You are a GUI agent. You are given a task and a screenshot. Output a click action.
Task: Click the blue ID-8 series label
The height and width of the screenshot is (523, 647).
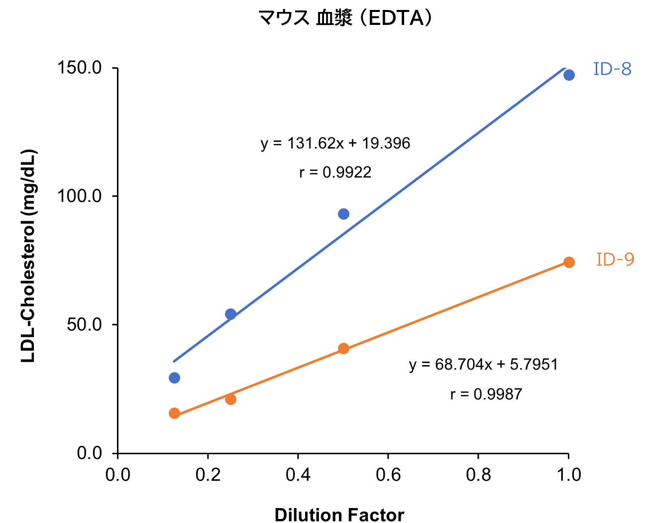point(612,69)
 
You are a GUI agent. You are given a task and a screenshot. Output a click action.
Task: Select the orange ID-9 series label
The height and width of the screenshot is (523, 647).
point(615,260)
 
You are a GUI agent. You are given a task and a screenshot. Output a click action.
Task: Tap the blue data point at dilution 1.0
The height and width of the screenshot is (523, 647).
point(569,75)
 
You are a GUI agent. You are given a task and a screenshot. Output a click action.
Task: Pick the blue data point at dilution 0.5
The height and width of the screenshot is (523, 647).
point(343,214)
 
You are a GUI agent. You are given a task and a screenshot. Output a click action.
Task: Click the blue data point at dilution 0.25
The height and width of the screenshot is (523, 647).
point(230,314)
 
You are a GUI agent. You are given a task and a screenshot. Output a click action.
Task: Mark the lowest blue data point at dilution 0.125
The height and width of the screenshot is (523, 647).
point(174,378)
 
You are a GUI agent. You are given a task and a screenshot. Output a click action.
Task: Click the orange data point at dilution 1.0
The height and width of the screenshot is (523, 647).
point(569,262)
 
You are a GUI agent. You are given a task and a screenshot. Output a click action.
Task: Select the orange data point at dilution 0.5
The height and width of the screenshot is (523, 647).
point(343,348)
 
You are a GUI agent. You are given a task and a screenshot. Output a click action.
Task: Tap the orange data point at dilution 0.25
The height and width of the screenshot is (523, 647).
point(230,399)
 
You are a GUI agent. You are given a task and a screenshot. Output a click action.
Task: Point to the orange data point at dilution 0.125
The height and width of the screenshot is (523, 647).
point(174,413)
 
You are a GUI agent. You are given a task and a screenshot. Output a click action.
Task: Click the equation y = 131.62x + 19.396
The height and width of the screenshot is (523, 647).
point(335,143)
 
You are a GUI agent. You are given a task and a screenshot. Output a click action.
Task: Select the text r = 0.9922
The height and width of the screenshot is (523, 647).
point(335,172)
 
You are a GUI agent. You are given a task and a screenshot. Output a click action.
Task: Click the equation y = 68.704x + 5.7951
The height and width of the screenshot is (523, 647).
point(483,365)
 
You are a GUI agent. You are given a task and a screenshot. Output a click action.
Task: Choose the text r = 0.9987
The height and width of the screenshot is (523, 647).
point(486,394)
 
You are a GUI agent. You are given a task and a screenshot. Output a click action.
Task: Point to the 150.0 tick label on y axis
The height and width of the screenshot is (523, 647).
point(80,68)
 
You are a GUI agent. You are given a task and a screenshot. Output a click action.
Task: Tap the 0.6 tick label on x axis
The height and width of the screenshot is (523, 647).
point(388,475)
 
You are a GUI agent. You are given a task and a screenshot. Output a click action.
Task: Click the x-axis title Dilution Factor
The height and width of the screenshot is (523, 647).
point(339,515)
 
